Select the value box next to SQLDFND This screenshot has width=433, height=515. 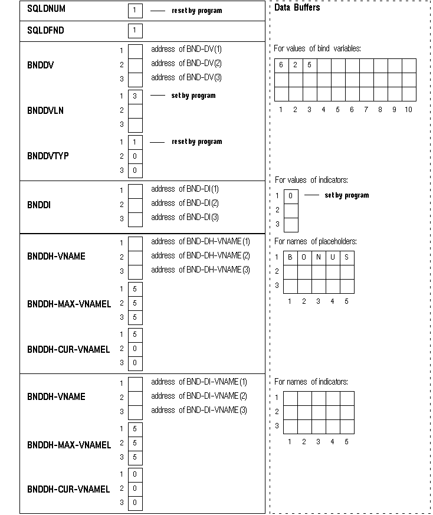click(x=135, y=30)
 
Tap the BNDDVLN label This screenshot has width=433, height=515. click(x=45, y=110)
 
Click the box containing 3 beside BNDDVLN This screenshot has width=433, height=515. click(x=135, y=96)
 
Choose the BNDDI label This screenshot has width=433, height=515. click(x=38, y=204)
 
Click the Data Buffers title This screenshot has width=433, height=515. click(x=297, y=8)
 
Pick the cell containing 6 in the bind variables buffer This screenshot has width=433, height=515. click(x=281, y=65)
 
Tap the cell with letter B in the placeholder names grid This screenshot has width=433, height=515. click(x=290, y=257)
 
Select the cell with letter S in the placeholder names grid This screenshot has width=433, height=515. click(x=347, y=257)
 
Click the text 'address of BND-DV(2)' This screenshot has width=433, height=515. click(x=186, y=63)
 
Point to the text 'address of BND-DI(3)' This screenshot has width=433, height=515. click(x=185, y=217)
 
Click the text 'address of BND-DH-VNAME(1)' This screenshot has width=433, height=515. click(x=201, y=241)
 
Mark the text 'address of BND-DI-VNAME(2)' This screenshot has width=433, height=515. click(x=199, y=396)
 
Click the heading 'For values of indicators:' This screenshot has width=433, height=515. click(x=311, y=180)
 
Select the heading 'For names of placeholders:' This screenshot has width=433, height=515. click(x=316, y=241)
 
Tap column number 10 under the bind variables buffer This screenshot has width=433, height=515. click(x=408, y=109)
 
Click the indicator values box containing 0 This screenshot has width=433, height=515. click(x=291, y=196)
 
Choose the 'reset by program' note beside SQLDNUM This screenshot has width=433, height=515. click(x=197, y=11)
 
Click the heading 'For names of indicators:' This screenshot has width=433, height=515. click(x=311, y=382)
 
